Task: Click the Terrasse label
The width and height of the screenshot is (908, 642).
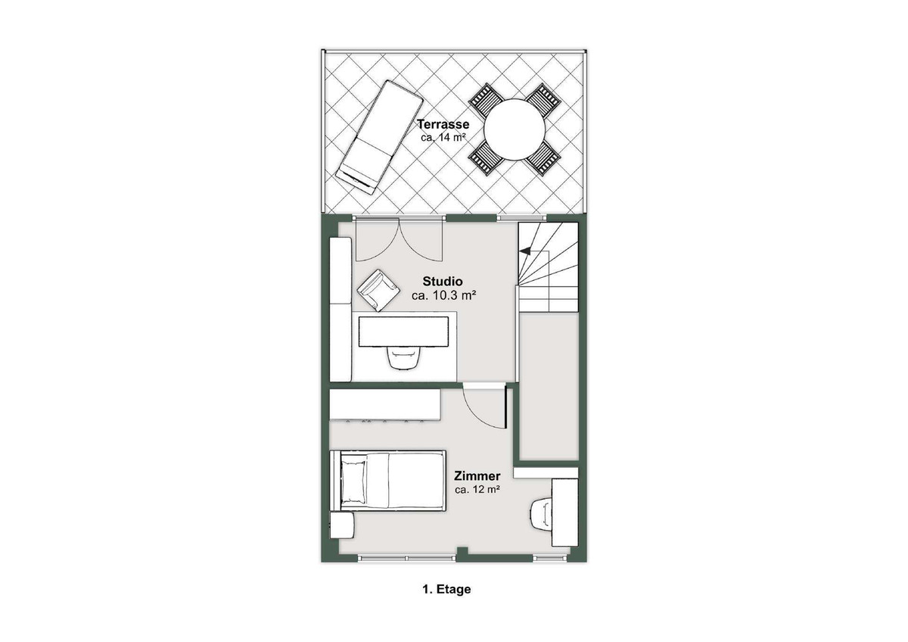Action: point(443,124)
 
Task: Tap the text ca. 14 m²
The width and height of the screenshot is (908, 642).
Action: point(443,138)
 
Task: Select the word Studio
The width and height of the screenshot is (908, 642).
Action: point(443,281)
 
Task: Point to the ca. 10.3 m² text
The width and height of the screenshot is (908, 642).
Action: point(443,295)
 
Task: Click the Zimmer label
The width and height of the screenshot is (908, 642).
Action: point(477,475)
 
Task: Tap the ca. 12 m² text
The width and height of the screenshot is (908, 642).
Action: point(477,490)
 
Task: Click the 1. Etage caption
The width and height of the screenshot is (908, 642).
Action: point(446,589)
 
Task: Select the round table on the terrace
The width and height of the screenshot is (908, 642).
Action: point(515,129)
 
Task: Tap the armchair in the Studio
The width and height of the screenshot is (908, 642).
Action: point(378,290)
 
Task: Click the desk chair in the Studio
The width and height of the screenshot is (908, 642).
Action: point(403,357)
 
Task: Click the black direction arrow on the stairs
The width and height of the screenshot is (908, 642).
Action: point(525,251)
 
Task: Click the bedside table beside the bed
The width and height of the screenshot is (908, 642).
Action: point(342,525)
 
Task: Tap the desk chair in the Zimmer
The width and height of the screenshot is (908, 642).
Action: point(540,514)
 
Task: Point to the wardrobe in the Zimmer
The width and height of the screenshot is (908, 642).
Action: point(384,405)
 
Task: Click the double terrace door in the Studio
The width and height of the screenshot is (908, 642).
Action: point(399,240)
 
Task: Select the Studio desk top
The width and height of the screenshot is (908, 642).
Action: point(403,332)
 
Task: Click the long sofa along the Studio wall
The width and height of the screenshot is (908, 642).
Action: point(340,310)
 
